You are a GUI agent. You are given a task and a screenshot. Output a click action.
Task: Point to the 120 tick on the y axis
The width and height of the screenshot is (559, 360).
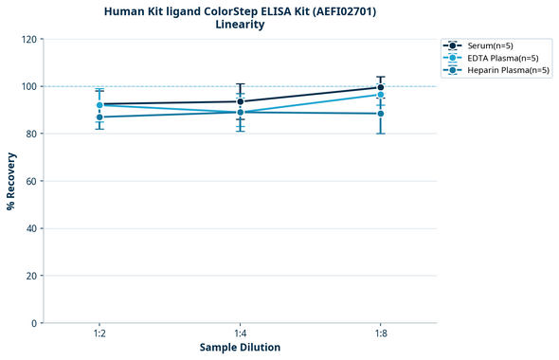point(29,39)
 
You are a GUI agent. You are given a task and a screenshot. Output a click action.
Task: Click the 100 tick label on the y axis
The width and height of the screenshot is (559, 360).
point(29,86)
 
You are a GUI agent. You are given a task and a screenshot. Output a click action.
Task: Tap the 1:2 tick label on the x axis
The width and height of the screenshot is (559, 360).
point(99,334)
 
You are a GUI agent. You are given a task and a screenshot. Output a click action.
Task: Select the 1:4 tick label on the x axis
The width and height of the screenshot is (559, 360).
point(240,334)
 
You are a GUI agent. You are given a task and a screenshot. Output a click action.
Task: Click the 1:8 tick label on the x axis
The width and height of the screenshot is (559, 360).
point(380,334)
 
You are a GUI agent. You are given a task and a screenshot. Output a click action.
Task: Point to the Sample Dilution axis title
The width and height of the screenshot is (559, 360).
point(240,348)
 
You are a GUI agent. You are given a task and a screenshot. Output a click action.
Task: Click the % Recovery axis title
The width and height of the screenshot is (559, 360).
point(11,181)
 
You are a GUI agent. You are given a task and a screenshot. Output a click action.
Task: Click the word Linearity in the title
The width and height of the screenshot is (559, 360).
point(240,25)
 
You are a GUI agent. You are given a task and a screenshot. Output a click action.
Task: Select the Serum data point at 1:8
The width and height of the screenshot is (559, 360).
point(380,87)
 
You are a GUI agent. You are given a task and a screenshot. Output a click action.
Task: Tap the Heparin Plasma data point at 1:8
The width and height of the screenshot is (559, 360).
point(380,114)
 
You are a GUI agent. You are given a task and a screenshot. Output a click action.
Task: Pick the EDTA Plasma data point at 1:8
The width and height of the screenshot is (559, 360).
point(380,95)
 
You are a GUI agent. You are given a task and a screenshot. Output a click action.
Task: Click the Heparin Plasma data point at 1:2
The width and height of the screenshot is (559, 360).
point(99,117)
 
